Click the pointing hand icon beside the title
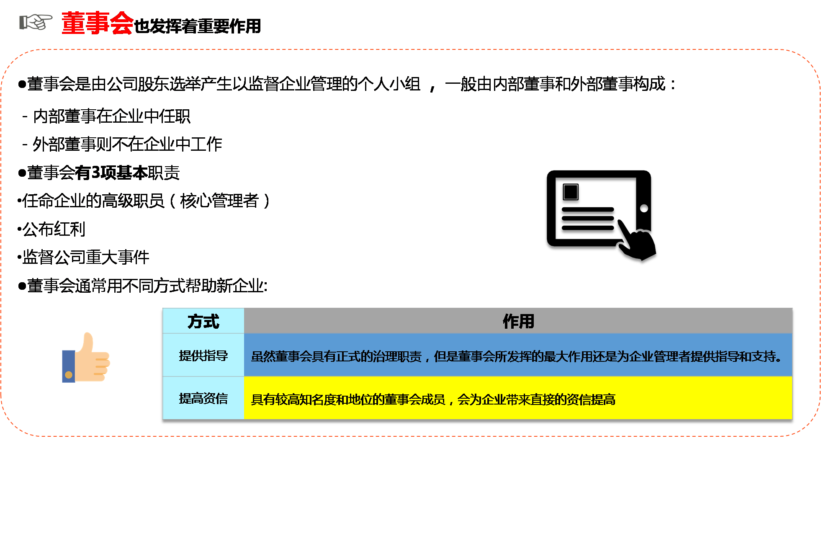(36, 22)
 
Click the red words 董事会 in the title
(97, 23)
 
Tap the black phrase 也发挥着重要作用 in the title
(197, 26)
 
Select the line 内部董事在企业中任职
(111, 116)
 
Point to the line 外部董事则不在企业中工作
(127, 144)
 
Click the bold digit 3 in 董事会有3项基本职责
(95, 173)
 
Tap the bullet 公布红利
(54, 229)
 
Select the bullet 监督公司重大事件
(85, 258)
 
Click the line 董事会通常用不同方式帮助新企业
(147, 286)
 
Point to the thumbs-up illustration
(87, 358)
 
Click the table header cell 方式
(203, 322)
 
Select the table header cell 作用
(518, 322)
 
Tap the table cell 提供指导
(203, 356)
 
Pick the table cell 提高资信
(203, 398)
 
